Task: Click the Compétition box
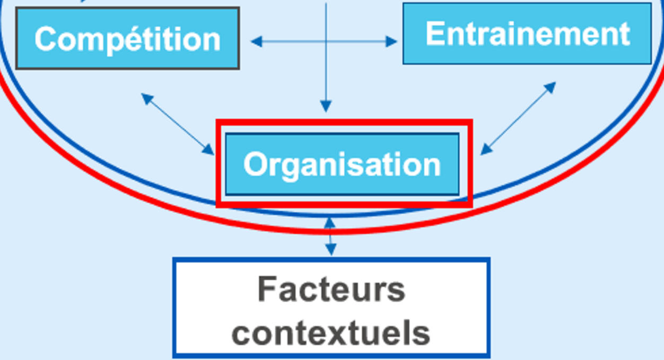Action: (x=127, y=38)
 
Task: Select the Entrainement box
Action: (x=527, y=33)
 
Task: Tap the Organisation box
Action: (x=342, y=164)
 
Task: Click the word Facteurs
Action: (x=331, y=289)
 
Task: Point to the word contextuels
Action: (x=331, y=333)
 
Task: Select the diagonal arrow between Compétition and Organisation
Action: (x=178, y=125)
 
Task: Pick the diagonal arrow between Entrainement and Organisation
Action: (x=518, y=118)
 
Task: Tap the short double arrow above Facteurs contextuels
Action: (x=330, y=236)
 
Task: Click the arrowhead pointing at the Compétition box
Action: (x=256, y=41)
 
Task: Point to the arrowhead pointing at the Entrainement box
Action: (x=391, y=41)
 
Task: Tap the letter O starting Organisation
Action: (x=255, y=164)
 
